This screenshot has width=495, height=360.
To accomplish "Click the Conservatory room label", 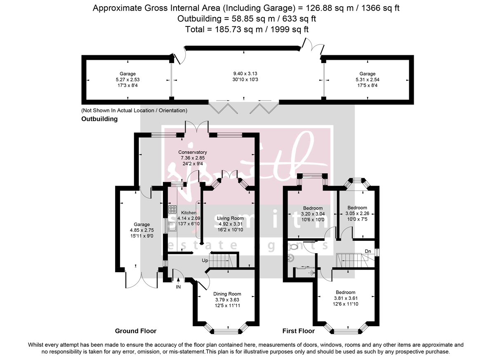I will point(193,152).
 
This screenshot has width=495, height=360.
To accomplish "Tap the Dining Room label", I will point(226,294).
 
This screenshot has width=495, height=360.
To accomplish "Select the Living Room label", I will point(231,218).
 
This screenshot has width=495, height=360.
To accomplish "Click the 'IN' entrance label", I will point(178,287).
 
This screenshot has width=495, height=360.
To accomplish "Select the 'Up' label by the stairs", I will point(205,260).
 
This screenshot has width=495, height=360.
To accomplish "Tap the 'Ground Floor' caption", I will point(136,331).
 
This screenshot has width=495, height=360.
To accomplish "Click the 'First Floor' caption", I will point(298,331).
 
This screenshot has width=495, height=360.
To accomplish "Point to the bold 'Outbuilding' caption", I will point(99,119).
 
